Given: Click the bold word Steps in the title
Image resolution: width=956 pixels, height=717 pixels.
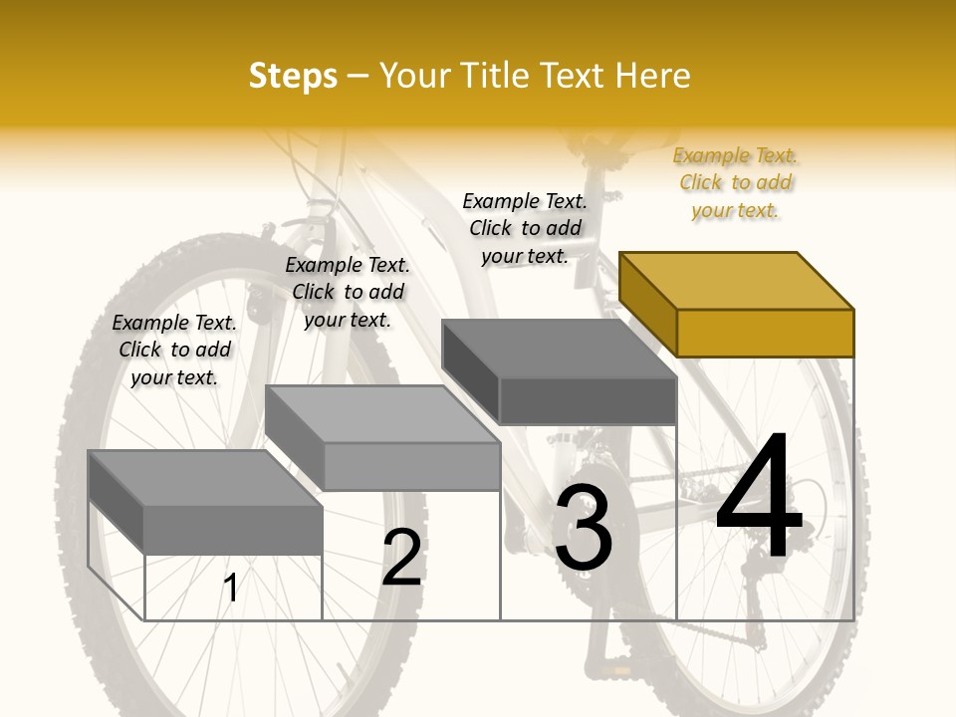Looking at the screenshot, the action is [293, 76].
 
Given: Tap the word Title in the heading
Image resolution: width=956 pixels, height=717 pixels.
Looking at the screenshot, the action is [496, 76].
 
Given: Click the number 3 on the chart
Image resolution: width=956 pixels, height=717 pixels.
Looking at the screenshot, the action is [583, 527].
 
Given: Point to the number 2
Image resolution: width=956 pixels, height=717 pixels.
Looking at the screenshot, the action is [402, 558].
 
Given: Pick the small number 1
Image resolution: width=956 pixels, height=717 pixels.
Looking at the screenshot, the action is [230, 588].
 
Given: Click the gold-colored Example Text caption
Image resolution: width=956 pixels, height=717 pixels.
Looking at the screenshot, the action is [735, 182].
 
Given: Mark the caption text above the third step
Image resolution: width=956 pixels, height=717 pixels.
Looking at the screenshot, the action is [525, 228].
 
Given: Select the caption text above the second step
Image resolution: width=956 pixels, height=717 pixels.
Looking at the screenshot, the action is [348, 292].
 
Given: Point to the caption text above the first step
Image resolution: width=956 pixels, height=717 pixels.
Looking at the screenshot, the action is [174, 350].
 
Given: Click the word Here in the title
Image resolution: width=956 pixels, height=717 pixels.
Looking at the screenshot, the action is [653, 76].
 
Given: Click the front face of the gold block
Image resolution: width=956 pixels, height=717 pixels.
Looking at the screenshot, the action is [765, 333].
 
